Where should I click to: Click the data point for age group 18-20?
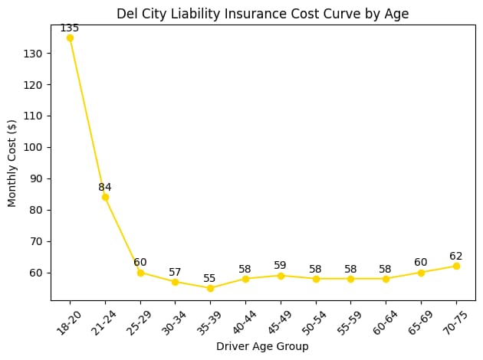pyautogui.click(x=70, y=38)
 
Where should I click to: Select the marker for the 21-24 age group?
pyautogui.click(x=105, y=197)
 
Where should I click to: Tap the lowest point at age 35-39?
pyautogui.click(x=210, y=288)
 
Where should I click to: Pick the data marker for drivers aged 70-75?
pyautogui.click(x=456, y=266)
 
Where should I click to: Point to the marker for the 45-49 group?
pyautogui.click(x=281, y=276)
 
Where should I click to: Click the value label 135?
pyautogui.click(x=70, y=28)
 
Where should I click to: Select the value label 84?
pyautogui.click(x=105, y=188)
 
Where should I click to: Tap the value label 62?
pyautogui.click(x=456, y=257)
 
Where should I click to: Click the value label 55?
pyautogui.click(x=210, y=279)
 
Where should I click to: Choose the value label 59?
pyautogui.click(x=281, y=266)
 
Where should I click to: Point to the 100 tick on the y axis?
pyautogui.click(x=38, y=147)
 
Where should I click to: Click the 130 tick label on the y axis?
pyautogui.click(x=38, y=54)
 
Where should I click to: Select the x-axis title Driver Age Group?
pyautogui.click(x=263, y=347)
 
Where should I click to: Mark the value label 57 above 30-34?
pyautogui.click(x=175, y=273)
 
